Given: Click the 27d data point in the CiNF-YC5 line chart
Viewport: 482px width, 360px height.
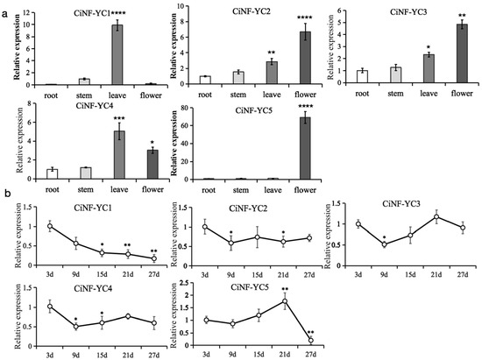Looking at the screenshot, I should pyautogui.click(x=311, y=341).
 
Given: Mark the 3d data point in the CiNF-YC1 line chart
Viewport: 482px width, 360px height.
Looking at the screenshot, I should pyautogui.click(x=50, y=226).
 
